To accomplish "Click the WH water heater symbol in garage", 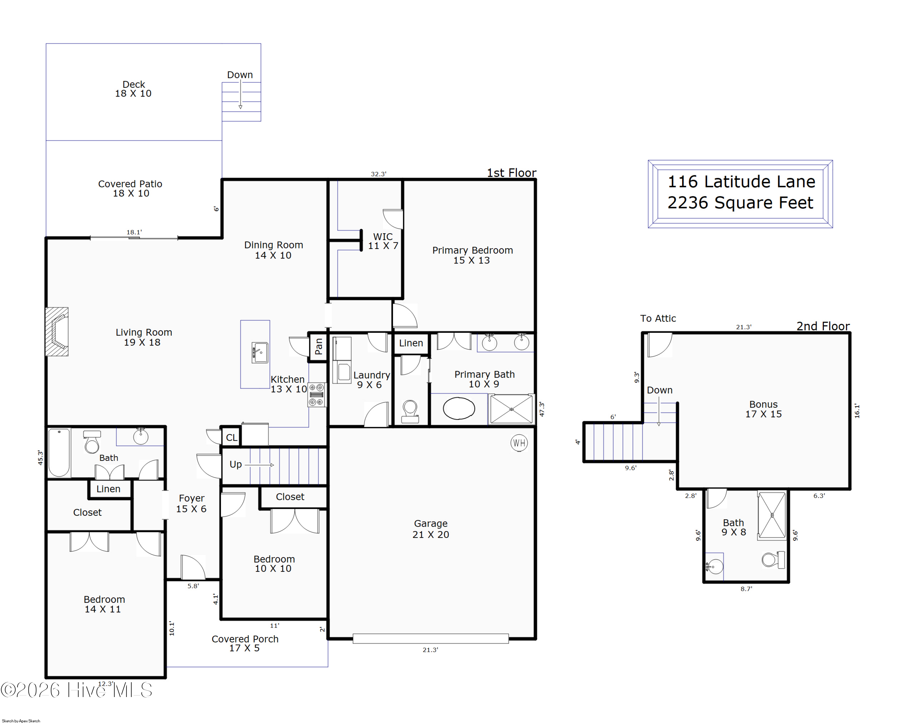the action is [519, 443].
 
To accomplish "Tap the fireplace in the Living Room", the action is [57, 332].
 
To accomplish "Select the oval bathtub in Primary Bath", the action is [459, 408].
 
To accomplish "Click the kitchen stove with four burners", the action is [316, 394].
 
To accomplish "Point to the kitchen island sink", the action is [260, 352].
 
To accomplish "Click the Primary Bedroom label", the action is [473, 255].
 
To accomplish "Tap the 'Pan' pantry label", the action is [318, 346].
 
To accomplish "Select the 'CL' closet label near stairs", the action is [231, 437].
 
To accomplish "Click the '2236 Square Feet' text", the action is [740, 203].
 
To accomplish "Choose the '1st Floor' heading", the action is [512, 173].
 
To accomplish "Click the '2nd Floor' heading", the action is [823, 326].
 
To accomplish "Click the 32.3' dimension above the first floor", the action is [379, 174].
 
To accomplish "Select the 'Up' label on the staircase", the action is [236, 464].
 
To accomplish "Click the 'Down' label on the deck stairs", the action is [240, 75].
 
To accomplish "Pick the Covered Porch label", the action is [245, 643].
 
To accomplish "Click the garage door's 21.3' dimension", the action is [430, 650].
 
